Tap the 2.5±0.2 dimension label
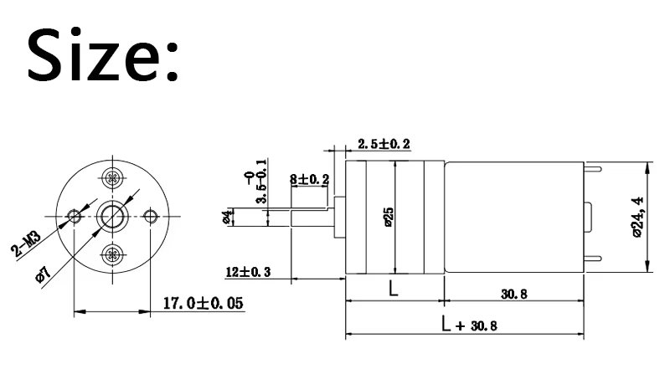[384, 144]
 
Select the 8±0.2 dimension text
[309, 179]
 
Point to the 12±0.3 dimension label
[248, 272]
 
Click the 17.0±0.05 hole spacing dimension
[204, 303]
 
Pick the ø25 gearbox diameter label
[388, 217]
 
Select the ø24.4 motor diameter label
[637, 217]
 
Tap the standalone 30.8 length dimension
[514, 294]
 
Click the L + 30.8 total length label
[469, 325]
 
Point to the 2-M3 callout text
[26, 243]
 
